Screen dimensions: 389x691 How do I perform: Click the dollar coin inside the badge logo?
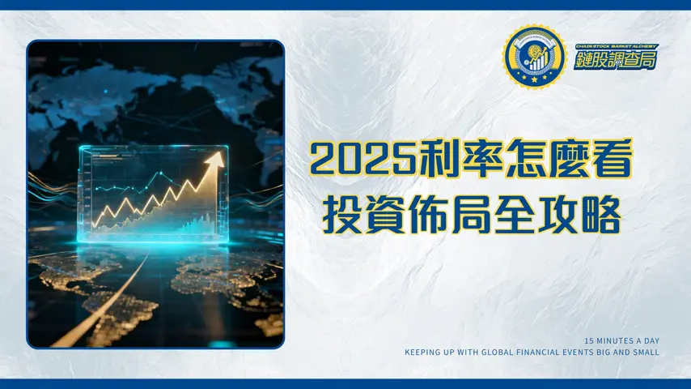pyautogui.click(x=532, y=54)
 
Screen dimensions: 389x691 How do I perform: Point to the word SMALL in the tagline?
pyautogui.click(x=646, y=353)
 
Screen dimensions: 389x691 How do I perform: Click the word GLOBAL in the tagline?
pyautogui.click(x=507, y=353)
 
